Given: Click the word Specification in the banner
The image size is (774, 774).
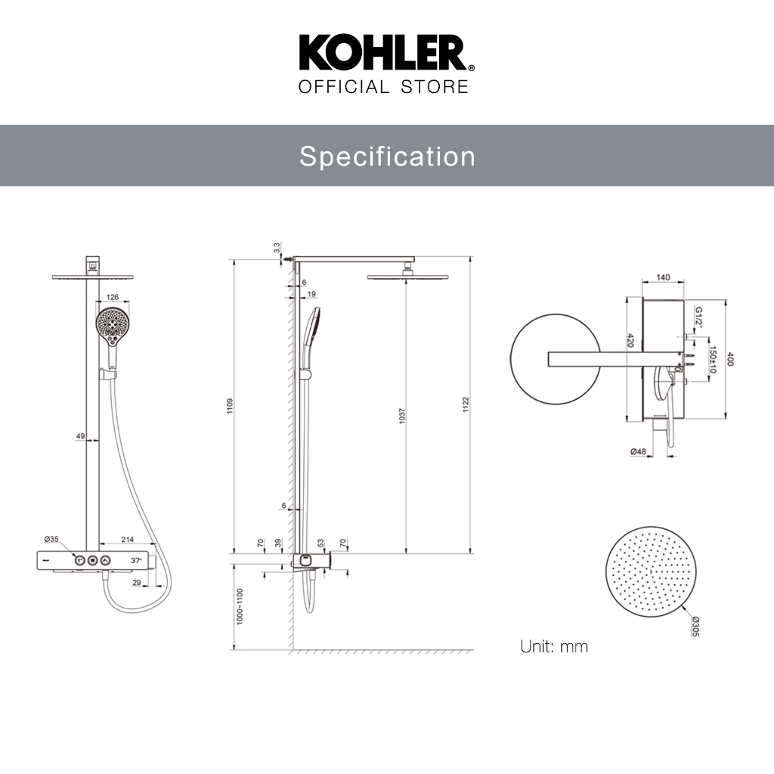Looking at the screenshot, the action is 387,156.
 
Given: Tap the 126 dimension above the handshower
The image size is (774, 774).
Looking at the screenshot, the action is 113,297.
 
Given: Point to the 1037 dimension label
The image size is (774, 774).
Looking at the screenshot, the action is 402,416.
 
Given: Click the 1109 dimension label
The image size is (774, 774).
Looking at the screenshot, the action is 230,406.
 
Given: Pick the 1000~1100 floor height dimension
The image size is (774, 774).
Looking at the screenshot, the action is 240,606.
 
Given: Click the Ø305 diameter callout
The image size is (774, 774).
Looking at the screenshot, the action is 695,626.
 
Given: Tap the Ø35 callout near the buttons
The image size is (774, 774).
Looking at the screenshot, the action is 51,538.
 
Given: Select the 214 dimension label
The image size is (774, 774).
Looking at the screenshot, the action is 127,540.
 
